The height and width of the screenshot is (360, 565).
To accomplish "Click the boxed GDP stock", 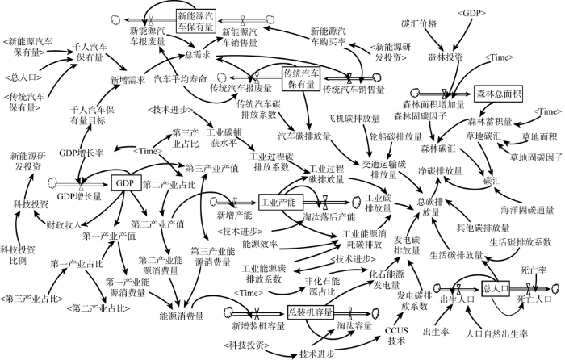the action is tap(124, 183).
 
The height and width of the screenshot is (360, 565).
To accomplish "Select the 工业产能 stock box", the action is tap(281, 202).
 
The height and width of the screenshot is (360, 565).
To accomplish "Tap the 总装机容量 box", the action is tap(311, 312).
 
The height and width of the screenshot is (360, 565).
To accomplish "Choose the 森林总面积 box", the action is tap(499, 94).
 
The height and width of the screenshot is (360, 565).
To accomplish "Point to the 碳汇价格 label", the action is tap(419, 23).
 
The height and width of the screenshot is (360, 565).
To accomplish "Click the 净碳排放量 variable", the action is tap(441, 171).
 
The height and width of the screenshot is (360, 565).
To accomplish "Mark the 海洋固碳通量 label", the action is tap(527, 210).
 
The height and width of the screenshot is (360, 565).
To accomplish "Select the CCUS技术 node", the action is tap(396, 336).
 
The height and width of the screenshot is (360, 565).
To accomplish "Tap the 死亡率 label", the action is tap(534, 270).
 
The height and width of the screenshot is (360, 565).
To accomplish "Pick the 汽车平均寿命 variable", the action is tap(180, 79).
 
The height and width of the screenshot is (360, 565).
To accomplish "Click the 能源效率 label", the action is tap(260, 244).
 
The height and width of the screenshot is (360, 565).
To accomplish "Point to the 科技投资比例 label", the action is tap(18, 255).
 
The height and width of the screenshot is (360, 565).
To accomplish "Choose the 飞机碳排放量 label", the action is tap(354, 118).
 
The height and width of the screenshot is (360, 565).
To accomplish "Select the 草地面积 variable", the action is tap(539, 136).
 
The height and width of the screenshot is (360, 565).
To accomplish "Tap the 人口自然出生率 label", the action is tap(496, 333).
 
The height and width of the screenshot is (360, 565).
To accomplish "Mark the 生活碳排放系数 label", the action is tap(521, 242).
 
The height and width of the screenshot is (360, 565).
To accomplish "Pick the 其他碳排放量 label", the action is tap(483, 228).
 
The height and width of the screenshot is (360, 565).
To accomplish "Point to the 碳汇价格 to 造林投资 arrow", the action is tap(434, 40).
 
